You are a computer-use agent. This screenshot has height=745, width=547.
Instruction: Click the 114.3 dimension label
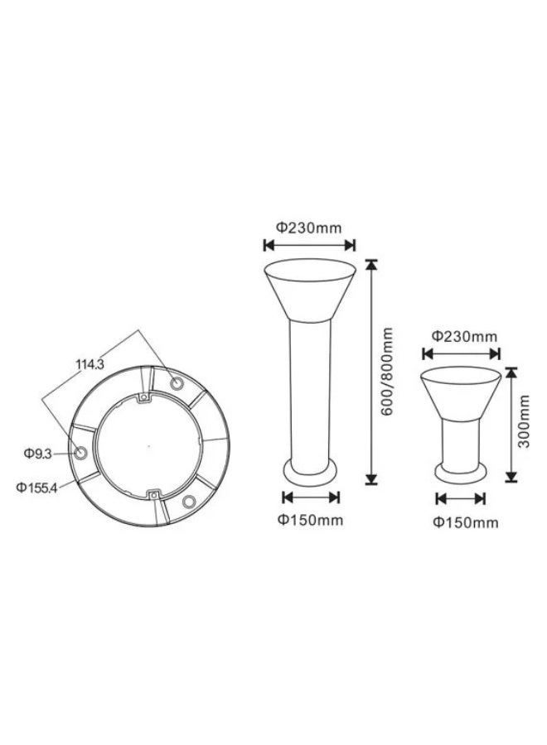coord(90,364)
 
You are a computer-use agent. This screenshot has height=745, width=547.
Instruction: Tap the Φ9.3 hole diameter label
coord(37,454)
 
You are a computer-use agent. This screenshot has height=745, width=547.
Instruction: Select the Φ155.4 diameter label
coord(36,488)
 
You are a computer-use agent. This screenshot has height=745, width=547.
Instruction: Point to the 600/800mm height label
coord(388,371)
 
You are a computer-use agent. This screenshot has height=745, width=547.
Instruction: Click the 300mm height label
coord(524,421)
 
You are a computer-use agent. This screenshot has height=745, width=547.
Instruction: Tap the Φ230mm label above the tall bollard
coord(309,228)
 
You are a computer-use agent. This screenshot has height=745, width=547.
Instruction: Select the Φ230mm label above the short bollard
coord(464,336)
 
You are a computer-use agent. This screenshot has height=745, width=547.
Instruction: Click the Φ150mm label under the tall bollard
coord(311,520)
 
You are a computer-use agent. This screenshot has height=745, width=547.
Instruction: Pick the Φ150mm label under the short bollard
coord(466,522)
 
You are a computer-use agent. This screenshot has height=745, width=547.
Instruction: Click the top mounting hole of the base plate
coord(177,382)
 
